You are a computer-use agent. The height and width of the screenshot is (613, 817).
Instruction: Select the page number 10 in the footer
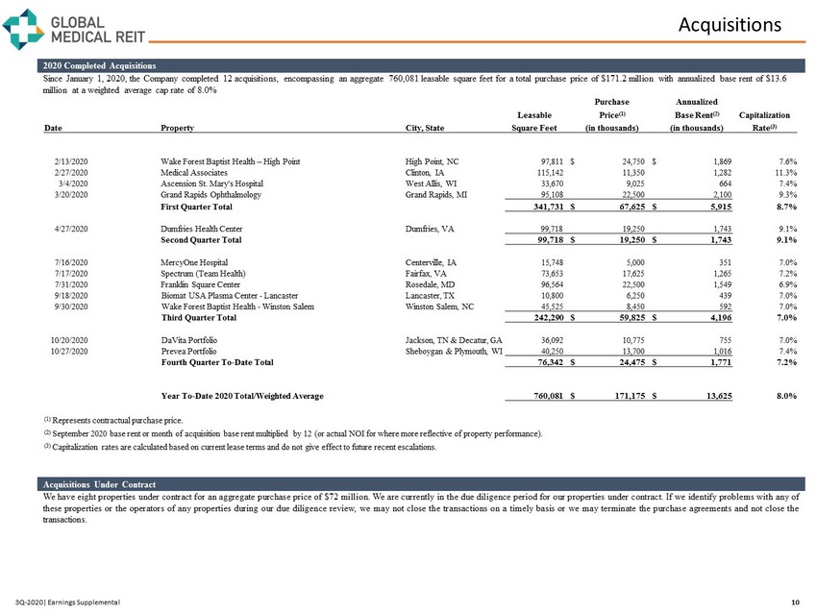coord(794,601)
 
